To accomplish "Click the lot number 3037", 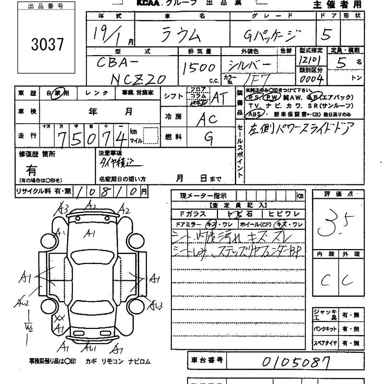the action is click(x=47, y=44).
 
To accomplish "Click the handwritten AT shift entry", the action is click(x=219, y=97).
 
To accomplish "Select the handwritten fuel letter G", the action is click(x=209, y=138).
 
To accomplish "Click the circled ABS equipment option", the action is click(x=252, y=114).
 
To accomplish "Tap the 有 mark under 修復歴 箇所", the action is click(x=31, y=170).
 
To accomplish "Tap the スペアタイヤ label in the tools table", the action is click(x=326, y=343).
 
